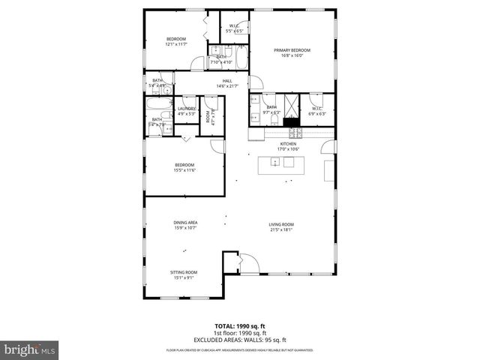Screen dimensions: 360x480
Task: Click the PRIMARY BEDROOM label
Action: tap(291, 50)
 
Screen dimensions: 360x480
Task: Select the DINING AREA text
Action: tap(185, 222)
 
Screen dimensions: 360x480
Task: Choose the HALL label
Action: tap(226, 81)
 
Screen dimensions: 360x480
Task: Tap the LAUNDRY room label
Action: tap(186, 109)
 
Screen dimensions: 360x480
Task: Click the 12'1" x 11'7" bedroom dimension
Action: tap(175, 43)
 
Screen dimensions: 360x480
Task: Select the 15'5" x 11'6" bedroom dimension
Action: tap(184, 170)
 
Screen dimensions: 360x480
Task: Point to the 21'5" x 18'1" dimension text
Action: tap(281, 229)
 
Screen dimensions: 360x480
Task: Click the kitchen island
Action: tap(282, 166)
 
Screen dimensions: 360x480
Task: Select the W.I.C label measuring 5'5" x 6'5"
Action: tap(233, 31)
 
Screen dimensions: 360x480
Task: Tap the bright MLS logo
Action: tap(29, 349)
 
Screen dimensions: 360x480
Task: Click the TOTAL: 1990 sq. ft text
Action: tap(240, 325)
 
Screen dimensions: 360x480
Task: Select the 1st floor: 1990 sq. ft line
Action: tap(240, 332)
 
